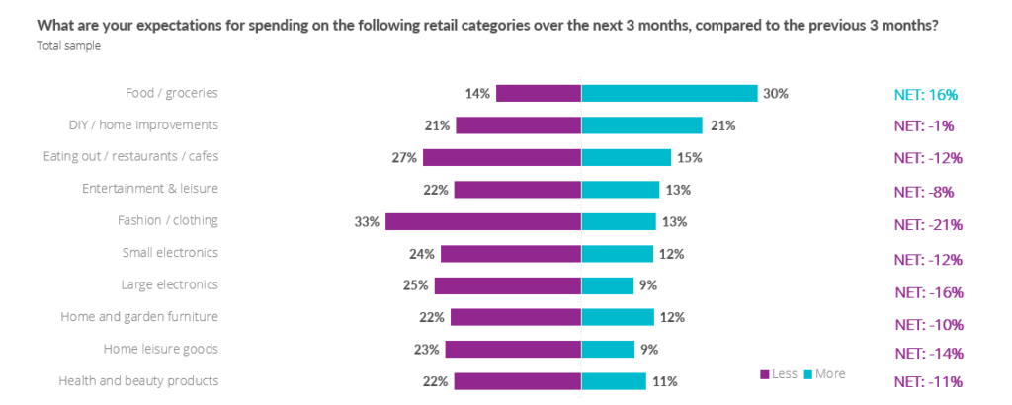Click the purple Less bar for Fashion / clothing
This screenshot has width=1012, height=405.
(483, 221)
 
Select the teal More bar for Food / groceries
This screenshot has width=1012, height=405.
(669, 93)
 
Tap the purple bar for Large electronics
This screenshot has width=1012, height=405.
(508, 285)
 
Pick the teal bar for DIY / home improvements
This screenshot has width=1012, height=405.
(641, 125)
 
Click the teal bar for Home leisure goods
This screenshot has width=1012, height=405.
(608, 349)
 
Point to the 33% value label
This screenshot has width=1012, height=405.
(367, 221)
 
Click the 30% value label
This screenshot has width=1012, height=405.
(775, 94)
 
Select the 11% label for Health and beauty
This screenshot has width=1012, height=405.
(664, 381)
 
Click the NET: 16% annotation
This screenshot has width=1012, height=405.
(926, 95)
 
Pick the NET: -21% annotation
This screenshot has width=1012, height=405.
(928, 224)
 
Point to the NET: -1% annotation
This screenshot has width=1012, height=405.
(924, 126)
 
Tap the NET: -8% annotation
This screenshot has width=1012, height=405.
(924, 192)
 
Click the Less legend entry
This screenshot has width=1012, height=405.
(778, 373)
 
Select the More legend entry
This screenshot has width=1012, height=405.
(824, 373)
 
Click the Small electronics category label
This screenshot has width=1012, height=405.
(169, 253)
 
